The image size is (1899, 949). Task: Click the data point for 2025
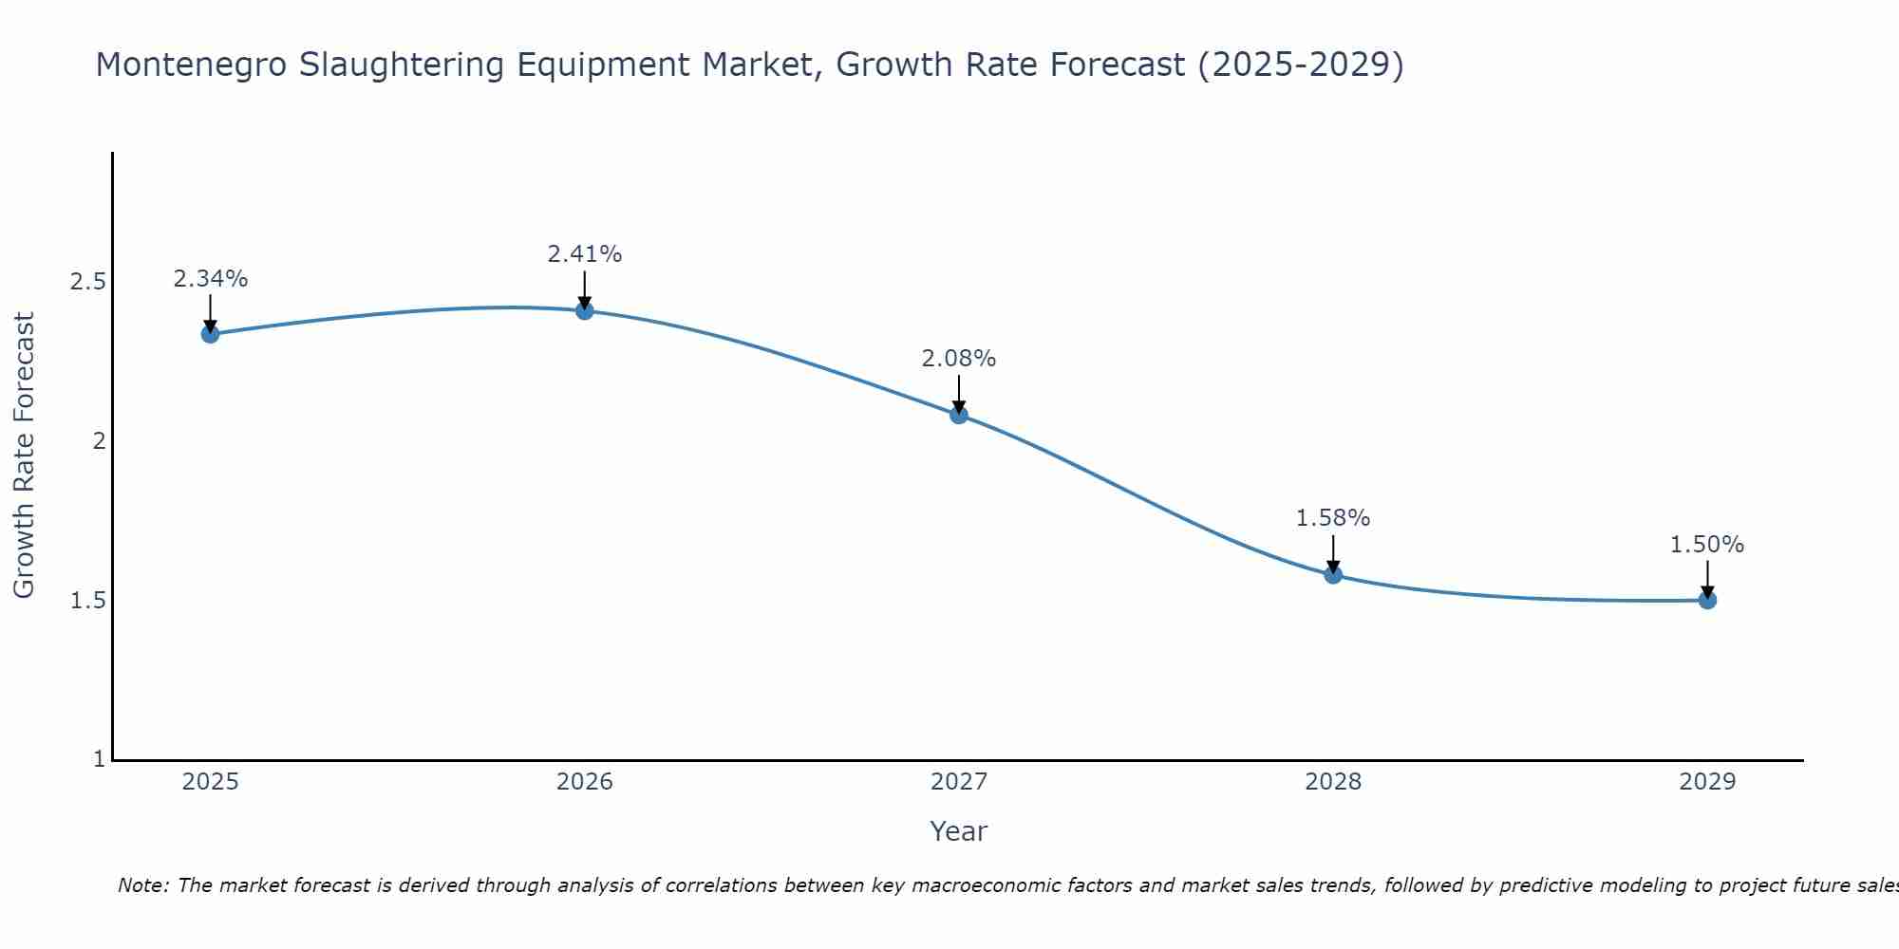(x=211, y=334)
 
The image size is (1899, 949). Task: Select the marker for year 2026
(x=585, y=310)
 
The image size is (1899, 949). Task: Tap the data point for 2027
(x=959, y=415)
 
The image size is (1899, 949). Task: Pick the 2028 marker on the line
(x=1333, y=574)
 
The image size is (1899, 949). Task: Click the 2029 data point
(x=1707, y=600)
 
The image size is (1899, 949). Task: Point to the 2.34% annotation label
(x=211, y=279)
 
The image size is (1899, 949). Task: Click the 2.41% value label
(x=585, y=254)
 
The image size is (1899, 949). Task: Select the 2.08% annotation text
(x=959, y=359)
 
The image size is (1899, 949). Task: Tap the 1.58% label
(x=1333, y=518)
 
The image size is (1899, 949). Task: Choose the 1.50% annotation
(x=1707, y=545)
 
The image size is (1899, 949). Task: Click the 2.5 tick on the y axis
(x=88, y=282)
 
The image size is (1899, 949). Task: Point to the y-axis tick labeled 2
(x=99, y=441)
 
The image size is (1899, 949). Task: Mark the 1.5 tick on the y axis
(x=88, y=601)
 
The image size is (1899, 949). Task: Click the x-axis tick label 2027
(x=959, y=782)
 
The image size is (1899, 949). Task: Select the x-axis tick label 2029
(x=1707, y=782)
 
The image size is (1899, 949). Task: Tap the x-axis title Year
(x=959, y=831)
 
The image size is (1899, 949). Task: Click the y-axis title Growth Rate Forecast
(x=25, y=456)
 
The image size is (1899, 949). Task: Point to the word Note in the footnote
(x=142, y=885)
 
